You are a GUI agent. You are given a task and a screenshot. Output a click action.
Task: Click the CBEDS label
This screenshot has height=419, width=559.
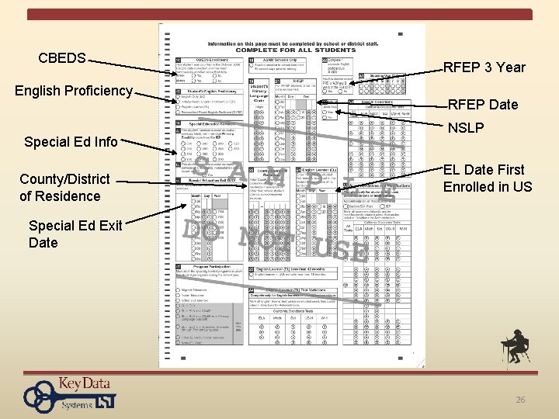point(62,57)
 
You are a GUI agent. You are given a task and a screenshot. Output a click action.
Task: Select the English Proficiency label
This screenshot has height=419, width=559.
point(74,91)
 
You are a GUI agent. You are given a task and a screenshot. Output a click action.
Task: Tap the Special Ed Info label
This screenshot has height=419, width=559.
point(71,141)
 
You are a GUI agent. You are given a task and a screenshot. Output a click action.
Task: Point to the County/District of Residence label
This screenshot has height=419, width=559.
point(64,187)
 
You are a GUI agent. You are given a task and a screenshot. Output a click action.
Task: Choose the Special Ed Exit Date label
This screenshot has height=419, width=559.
point(75,234)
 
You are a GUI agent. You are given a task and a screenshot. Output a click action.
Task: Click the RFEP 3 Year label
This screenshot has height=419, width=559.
point(484,67)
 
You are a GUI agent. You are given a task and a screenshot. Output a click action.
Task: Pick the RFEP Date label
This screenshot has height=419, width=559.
point(483,105)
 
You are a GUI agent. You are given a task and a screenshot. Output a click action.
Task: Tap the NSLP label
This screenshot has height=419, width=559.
point(466,127)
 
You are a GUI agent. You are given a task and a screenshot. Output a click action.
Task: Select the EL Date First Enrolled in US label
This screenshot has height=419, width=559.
point(488,178)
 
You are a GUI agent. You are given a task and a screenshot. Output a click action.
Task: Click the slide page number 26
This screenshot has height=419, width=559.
point(520,400)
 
